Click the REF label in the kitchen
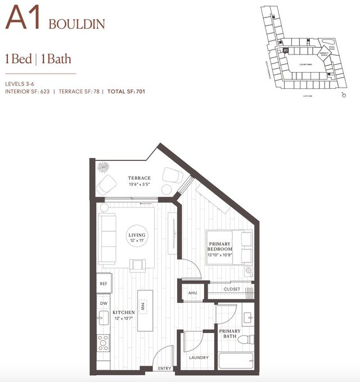[x=103, y=284]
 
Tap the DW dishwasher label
[x=103, y=303]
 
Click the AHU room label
[x=192, y=293]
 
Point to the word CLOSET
[x=232, y=289]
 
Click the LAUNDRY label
[x=199, y=357]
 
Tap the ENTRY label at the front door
[x=165, y=368]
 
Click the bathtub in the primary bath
[x=236, y=361]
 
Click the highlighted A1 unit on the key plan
[x=286, y=50]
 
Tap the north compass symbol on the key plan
[x=344, y=95]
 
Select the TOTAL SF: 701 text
[x=126, y=91]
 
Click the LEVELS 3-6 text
[x=21, y=83]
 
